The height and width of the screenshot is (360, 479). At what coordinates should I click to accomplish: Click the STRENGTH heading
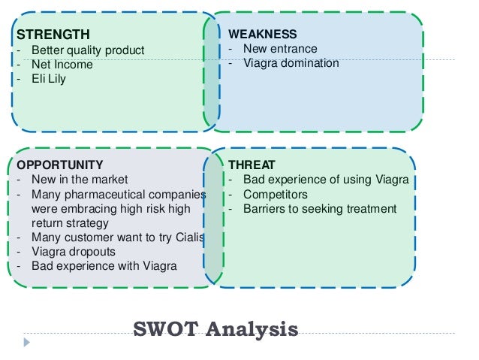click(53, 34)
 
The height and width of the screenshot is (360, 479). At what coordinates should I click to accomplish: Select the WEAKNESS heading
click(262, 34)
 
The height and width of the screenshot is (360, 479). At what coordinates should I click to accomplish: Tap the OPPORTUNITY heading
click(60, 165)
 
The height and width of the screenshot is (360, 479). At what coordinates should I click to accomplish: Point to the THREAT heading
click(252, 165)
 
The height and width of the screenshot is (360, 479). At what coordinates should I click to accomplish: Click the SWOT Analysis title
click(215, 328)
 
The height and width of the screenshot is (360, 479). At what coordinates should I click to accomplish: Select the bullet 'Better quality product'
click(88, 50)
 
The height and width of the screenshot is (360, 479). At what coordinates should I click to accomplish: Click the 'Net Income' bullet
click(62, 65)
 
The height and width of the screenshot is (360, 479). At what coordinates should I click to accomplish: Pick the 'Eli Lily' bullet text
click(49, 78)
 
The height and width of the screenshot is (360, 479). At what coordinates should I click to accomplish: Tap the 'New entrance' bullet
click(280, 49)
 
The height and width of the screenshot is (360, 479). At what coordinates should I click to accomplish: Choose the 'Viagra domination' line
click(291, 63)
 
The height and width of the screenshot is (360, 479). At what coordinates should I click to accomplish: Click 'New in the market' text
click(80, 180)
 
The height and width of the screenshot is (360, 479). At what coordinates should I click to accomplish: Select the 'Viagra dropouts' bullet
click(74, 252)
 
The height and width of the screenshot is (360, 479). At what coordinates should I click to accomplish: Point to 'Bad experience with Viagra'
click(104, 266)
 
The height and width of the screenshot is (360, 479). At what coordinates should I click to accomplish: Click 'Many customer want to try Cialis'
click(118, 237)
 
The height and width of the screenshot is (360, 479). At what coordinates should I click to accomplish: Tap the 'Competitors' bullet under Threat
click(275, 194)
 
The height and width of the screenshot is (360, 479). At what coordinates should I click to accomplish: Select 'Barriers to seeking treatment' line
click(319, 209)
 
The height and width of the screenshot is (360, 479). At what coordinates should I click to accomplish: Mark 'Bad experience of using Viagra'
click(325, 180)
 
